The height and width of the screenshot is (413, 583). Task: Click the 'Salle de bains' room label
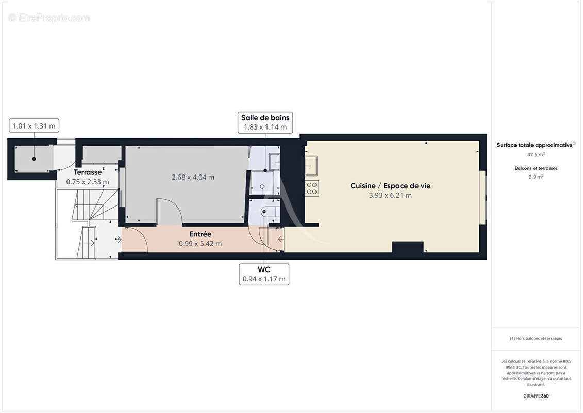(x=265, y=118)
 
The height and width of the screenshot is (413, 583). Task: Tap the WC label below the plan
(x=264, y=269)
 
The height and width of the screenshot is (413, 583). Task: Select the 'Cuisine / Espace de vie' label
(x=390, y=186)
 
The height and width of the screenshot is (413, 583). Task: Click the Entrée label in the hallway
(x=201, y=234)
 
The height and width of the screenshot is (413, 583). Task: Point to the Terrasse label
(x=88, y=172)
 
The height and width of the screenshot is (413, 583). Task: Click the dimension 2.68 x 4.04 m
(x=193, y=177)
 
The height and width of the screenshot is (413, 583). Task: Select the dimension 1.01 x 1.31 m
(x=34, y=126)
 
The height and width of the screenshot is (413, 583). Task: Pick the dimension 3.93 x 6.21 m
(x=390, y=195)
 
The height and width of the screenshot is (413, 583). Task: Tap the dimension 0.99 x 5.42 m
(x=201, y=244)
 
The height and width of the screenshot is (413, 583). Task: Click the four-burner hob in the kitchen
(x=312, y=188)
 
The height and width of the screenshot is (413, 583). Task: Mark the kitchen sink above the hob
(x=311, y=166)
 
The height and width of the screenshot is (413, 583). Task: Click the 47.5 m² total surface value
(x=536, y=154)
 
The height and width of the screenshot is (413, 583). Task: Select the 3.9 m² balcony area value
(x=536, y=177)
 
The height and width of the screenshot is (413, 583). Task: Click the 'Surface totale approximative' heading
(x=536, y=145)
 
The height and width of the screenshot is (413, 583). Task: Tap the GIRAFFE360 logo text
(x=536, y=396)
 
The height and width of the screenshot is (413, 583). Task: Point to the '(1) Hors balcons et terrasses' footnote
(x=536, y=339)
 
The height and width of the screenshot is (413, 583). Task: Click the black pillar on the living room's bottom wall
(x=408, y=248)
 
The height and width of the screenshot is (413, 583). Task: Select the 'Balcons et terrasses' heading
(x=536, y=168)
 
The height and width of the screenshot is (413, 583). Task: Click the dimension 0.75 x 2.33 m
(x=88, y=182)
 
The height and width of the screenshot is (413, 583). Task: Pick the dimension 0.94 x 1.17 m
(x=264, y=279)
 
